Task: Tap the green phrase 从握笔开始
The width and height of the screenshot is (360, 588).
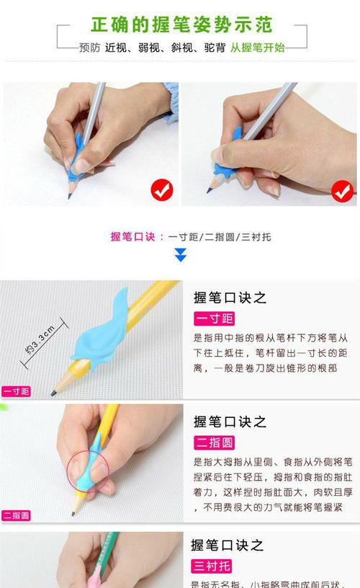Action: pyautogui.click(x=257, y=48)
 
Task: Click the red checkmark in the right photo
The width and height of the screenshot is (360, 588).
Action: pyautogui.click(x=341, y=191)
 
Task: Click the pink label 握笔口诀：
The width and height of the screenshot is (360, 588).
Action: pyautogui.click(x=138, y=236)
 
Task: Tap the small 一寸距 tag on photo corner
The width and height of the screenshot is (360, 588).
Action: pyautogui.click(x=16, y=392)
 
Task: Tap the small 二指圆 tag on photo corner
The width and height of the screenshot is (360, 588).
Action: pyautogui.click(x=16, y=515)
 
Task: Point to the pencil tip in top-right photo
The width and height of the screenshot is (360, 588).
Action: pyautogui.click(x=209, y=191)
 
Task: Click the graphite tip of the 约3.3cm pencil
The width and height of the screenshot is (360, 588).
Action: pyautogui.click(x=53, y=393)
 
